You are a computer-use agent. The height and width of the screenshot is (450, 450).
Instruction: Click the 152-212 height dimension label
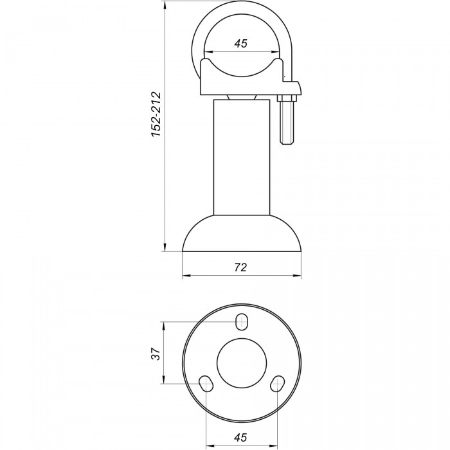156,114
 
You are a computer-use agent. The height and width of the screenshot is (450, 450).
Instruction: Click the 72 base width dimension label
240,267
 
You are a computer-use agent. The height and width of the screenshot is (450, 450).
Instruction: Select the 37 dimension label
156,354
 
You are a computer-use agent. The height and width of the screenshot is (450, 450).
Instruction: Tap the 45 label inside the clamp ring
240,44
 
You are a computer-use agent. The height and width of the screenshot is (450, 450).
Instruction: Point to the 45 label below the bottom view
240,437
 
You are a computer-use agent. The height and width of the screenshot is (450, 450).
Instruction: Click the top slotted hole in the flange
242,321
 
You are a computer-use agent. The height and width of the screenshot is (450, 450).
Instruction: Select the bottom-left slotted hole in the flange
206,383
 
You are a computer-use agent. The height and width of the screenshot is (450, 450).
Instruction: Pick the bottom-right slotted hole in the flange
278,383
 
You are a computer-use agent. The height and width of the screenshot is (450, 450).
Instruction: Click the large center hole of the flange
242,363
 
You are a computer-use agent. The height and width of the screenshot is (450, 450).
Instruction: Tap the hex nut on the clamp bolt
286,98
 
